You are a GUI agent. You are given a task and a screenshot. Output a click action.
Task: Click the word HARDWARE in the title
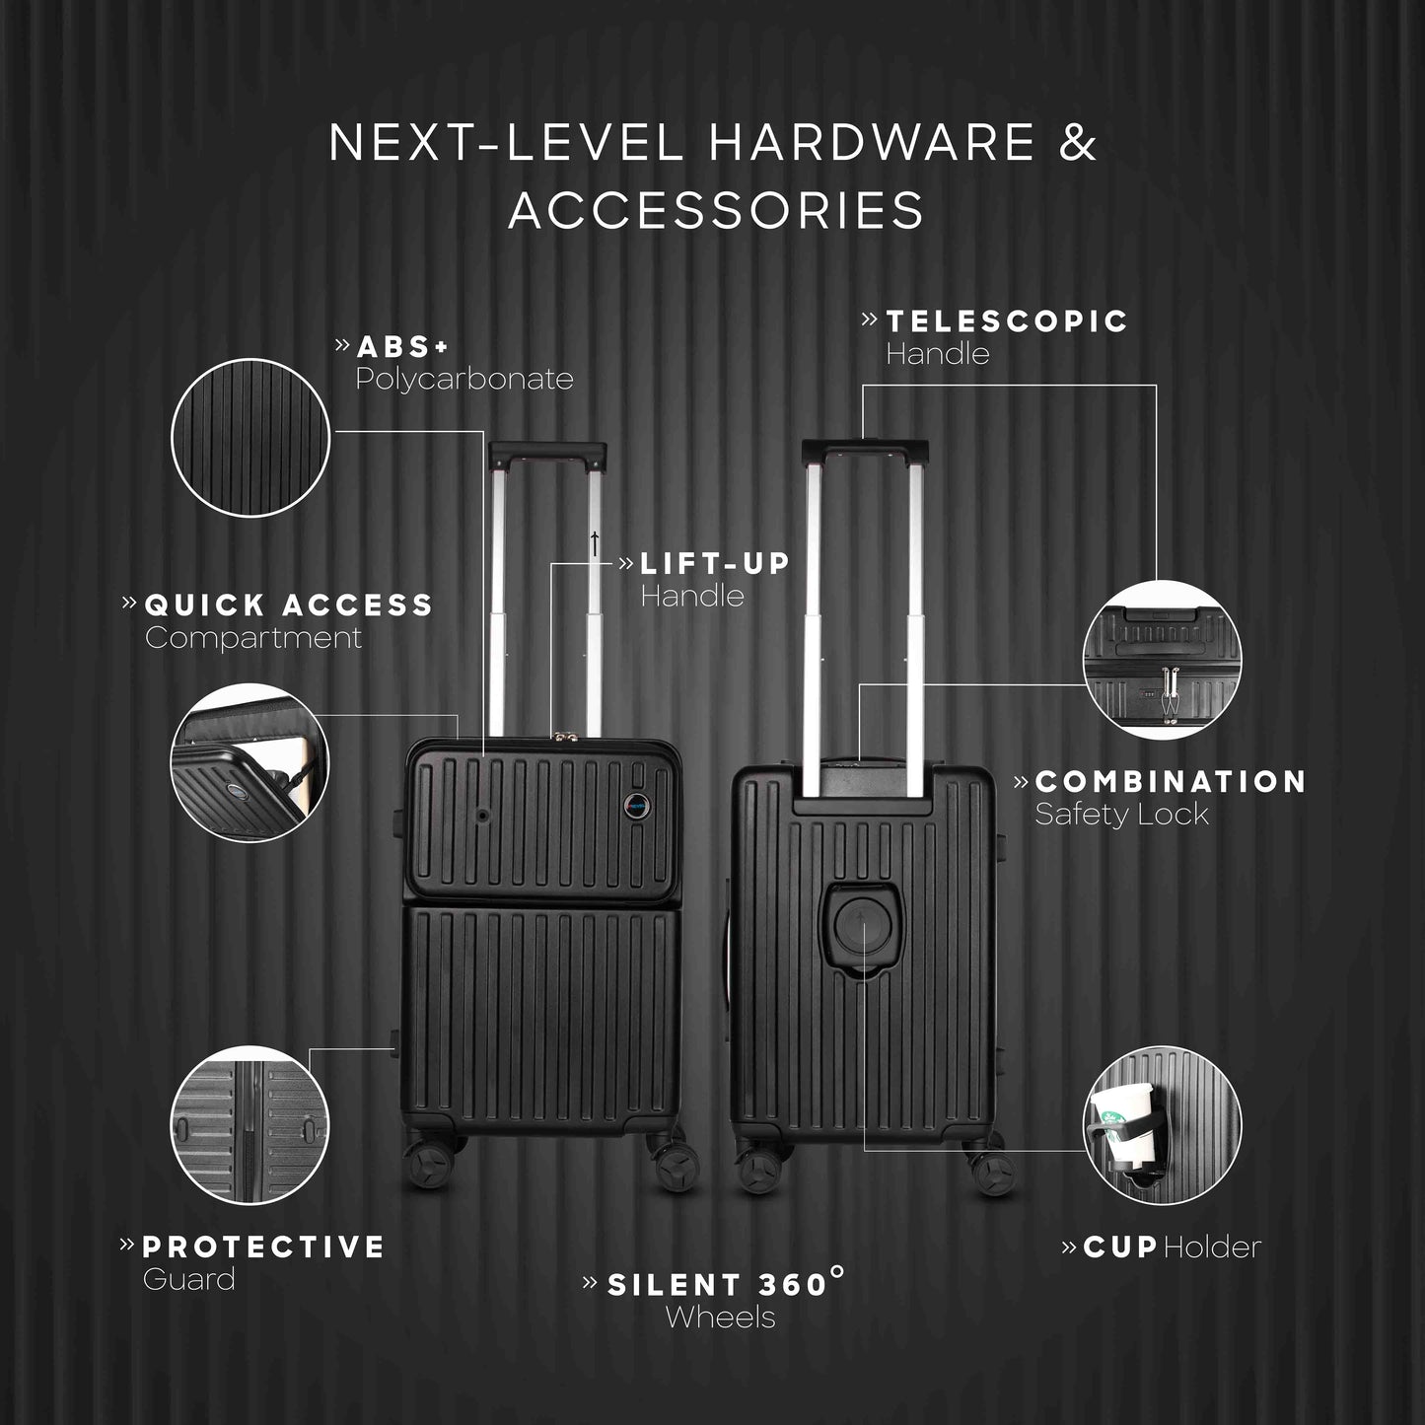872,143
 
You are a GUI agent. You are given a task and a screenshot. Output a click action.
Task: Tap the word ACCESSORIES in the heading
717,209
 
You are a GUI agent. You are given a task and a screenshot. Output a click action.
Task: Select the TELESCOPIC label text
1007,321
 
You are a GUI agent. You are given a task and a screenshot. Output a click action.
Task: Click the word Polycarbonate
464,379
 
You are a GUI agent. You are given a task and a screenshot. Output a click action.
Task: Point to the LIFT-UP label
715,564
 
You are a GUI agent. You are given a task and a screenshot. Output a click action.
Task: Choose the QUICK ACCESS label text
289,605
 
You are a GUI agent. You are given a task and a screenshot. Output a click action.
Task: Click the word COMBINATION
1171,781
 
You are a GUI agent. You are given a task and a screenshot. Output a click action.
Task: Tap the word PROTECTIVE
263,1247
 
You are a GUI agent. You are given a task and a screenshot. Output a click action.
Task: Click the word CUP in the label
1119,1247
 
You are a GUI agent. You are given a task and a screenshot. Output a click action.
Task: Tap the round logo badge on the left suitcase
636,802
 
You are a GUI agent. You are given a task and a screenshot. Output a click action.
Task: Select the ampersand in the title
1079,143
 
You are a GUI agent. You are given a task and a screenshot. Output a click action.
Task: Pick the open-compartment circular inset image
249,762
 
